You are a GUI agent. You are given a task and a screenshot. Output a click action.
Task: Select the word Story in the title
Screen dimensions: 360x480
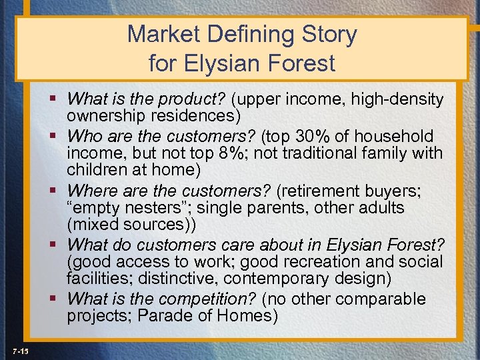click(331, 35)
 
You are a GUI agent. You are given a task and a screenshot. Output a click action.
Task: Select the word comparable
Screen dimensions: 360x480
click(389, 298)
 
